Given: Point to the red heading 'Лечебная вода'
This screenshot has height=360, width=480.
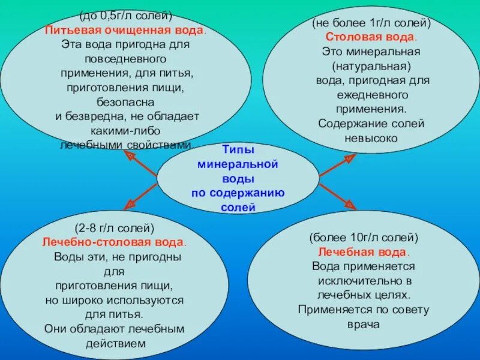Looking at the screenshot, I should (x=364, y=251).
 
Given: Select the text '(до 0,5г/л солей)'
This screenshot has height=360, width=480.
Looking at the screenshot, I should (x=126, y=16).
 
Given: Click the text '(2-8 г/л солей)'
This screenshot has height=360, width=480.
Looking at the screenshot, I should (x=115, y=229).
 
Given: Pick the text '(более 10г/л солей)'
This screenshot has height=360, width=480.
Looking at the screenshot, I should (x=364, y=238).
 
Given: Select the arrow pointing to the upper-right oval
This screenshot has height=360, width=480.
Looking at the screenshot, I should (x=337, y=165).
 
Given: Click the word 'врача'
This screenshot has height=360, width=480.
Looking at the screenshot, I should (x=364, y=324).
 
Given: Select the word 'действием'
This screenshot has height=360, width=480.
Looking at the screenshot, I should (x=115, y=343).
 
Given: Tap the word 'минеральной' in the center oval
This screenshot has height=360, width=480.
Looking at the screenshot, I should (x=238, y=163).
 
